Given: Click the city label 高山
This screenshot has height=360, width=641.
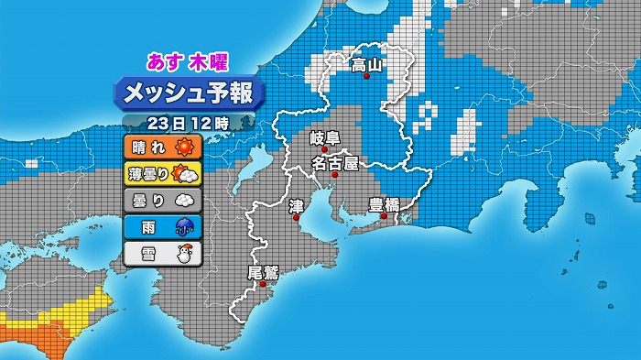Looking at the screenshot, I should click(x=366, y=63).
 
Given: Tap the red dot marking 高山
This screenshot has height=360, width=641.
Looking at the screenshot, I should click(x=367, y=78).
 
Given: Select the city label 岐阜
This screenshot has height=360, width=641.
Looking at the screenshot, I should click(x=324, y=137).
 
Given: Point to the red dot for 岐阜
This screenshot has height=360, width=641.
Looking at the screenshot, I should click(x=324, y=150).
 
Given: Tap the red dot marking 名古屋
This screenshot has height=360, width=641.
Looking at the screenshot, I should click(x=335, y=175).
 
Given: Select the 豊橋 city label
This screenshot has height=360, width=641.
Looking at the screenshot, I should click(x=384, y=203).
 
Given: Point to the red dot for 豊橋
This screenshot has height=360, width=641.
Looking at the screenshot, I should click(x=385, y=217).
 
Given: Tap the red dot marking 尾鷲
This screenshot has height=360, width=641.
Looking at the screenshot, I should click(x=264, y=285).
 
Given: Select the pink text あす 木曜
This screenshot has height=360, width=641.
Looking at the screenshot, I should click(x=189, y=62).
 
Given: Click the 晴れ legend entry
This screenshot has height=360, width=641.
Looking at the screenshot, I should click(x=161, y=147).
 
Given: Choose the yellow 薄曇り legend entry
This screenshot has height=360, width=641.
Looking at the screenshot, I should click(x=161, y=173).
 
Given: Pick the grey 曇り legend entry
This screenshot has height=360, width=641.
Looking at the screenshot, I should click(x=161, y=200).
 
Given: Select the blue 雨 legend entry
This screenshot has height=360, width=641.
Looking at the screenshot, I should click(x=161, y=226).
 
